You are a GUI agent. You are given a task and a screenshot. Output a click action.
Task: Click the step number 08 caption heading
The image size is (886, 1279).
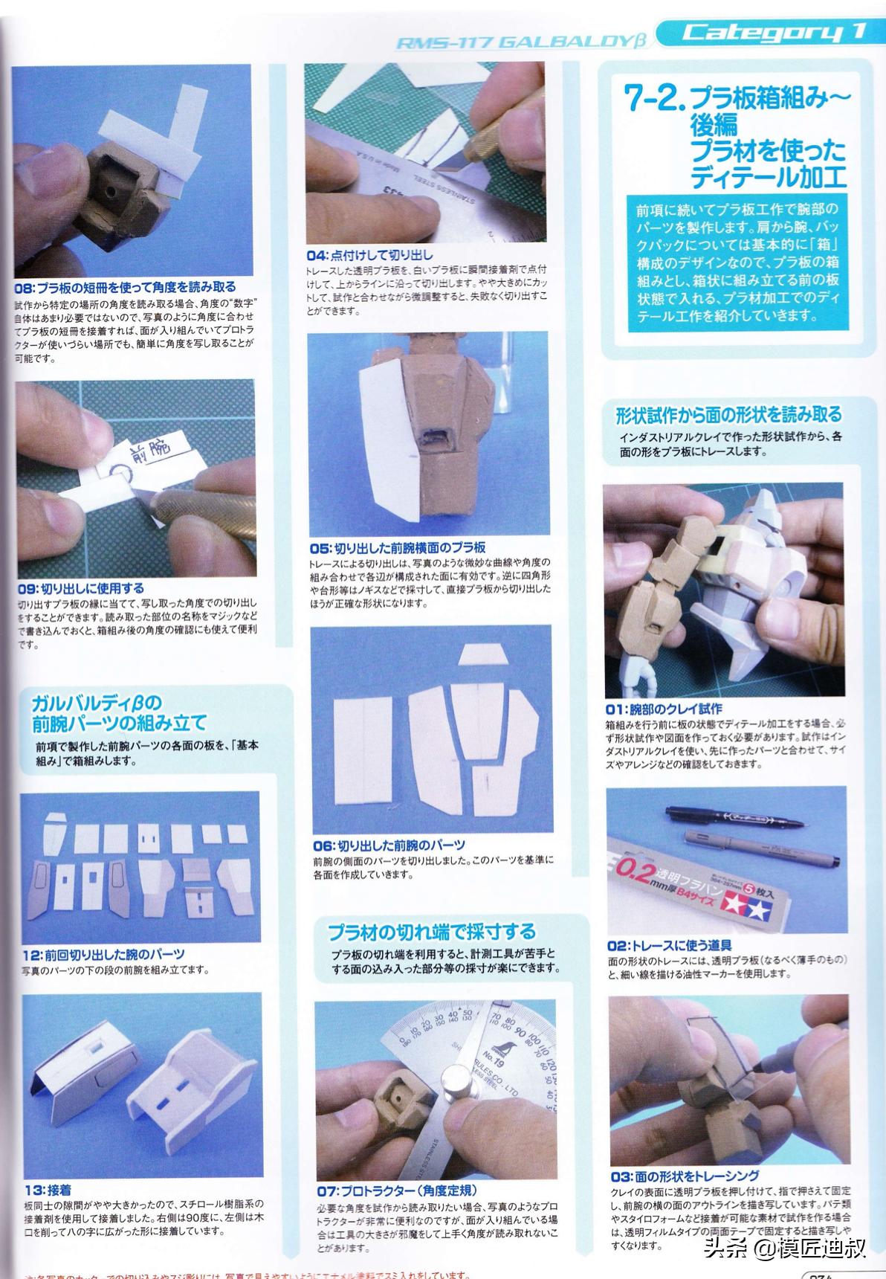(x=126, y=287)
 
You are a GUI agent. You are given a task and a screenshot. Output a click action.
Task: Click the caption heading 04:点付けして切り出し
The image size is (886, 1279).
(x=369, y=255)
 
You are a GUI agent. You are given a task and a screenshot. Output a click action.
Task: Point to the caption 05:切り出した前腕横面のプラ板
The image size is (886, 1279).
(x=397, y=548)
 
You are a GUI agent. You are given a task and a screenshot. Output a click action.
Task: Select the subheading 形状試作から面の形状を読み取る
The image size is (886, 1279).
(x=728, y=414)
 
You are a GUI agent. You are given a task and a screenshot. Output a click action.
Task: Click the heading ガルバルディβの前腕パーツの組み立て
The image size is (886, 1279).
(x=119, y=712)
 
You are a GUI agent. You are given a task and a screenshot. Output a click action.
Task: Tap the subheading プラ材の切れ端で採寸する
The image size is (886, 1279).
(x=431, y=931)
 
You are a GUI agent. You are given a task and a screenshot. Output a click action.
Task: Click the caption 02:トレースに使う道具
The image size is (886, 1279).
(x=670, y=945)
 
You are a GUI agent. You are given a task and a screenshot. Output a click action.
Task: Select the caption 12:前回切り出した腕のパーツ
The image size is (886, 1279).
(x=103, y=954)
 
